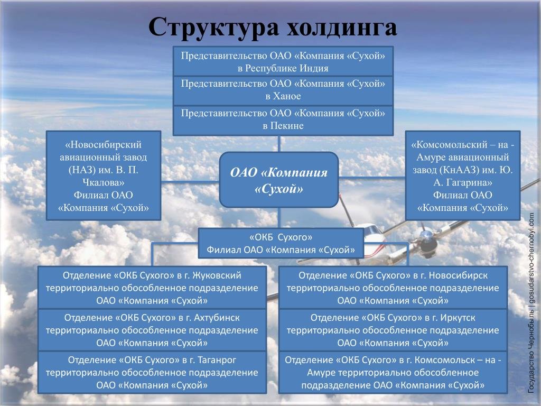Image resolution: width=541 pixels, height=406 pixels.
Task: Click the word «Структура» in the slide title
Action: coord(213,27)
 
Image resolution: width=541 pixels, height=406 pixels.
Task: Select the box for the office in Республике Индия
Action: coord(283,61)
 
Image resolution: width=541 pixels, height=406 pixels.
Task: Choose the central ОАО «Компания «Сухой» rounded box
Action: coord(279,180)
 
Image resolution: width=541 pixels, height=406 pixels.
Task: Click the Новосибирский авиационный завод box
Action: coord(104,176)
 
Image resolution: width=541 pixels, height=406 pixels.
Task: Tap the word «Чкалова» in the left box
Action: coord(103,182)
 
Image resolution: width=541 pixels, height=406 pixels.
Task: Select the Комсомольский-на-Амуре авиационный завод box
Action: coord(463,176)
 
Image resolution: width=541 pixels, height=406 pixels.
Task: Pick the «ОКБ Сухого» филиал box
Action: coord(281,243)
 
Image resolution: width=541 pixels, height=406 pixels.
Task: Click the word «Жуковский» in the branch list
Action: coord(217,275)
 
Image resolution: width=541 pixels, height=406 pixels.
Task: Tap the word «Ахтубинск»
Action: coord(217,318)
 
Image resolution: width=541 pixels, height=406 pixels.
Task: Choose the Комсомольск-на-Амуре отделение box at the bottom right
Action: coord(393,373)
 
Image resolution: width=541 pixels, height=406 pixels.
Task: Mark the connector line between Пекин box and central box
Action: coord(279,144)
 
